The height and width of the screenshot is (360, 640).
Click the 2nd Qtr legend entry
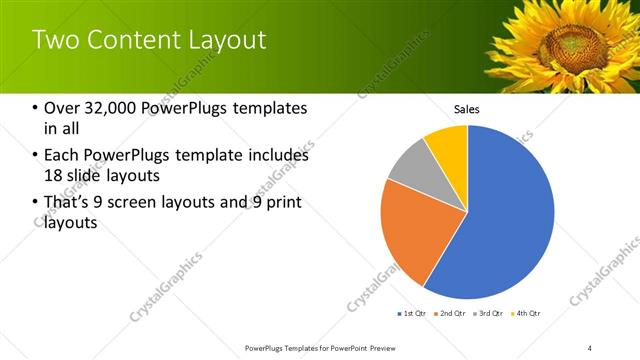coord(450,314)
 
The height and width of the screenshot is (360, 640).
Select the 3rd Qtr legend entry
coord(488,314)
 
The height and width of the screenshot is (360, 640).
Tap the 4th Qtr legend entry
coord(526,314)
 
